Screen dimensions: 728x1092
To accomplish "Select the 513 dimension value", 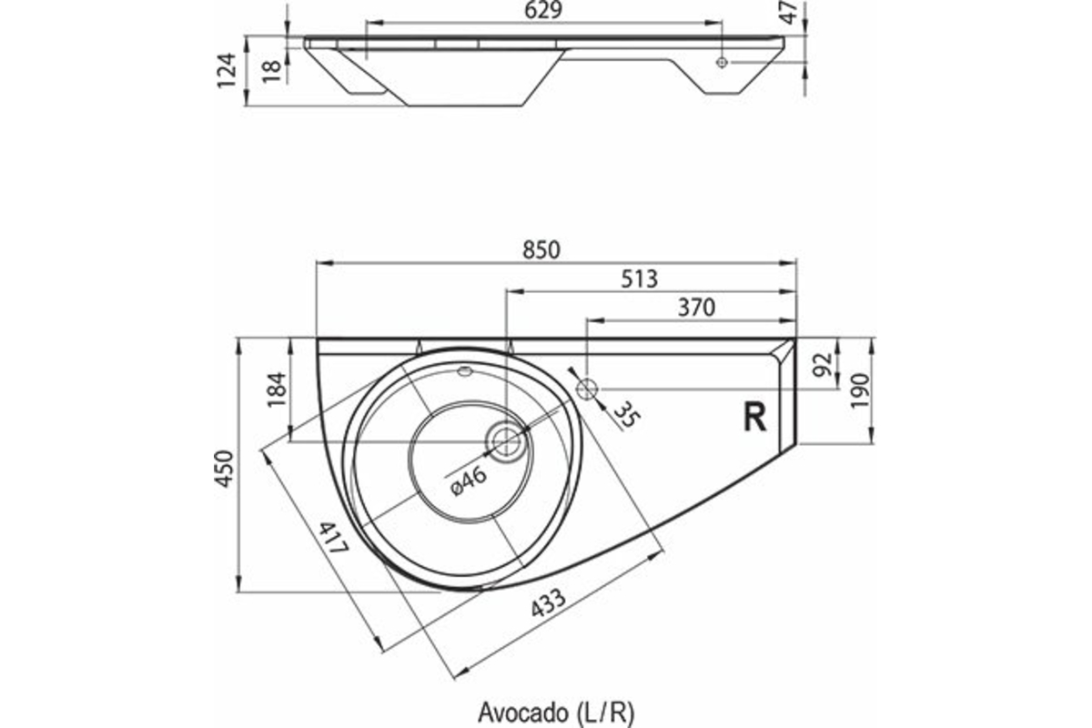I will coord(640,279).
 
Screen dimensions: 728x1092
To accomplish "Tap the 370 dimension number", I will coord(697,308).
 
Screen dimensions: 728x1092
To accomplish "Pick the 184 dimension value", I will coord(277,389).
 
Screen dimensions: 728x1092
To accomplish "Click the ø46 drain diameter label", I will coord(469,478).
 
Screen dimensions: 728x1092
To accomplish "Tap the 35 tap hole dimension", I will coord(624,414).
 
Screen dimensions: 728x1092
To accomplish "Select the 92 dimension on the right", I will coord(823,364).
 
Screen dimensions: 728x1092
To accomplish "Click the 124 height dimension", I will coord(228,70).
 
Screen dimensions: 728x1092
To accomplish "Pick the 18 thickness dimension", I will coord(271,70).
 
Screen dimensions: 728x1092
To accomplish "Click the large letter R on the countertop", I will coord(754,417).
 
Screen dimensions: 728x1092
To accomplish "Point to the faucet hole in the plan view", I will coord(587,389).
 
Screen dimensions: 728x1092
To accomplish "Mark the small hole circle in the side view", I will coord(722,62).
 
